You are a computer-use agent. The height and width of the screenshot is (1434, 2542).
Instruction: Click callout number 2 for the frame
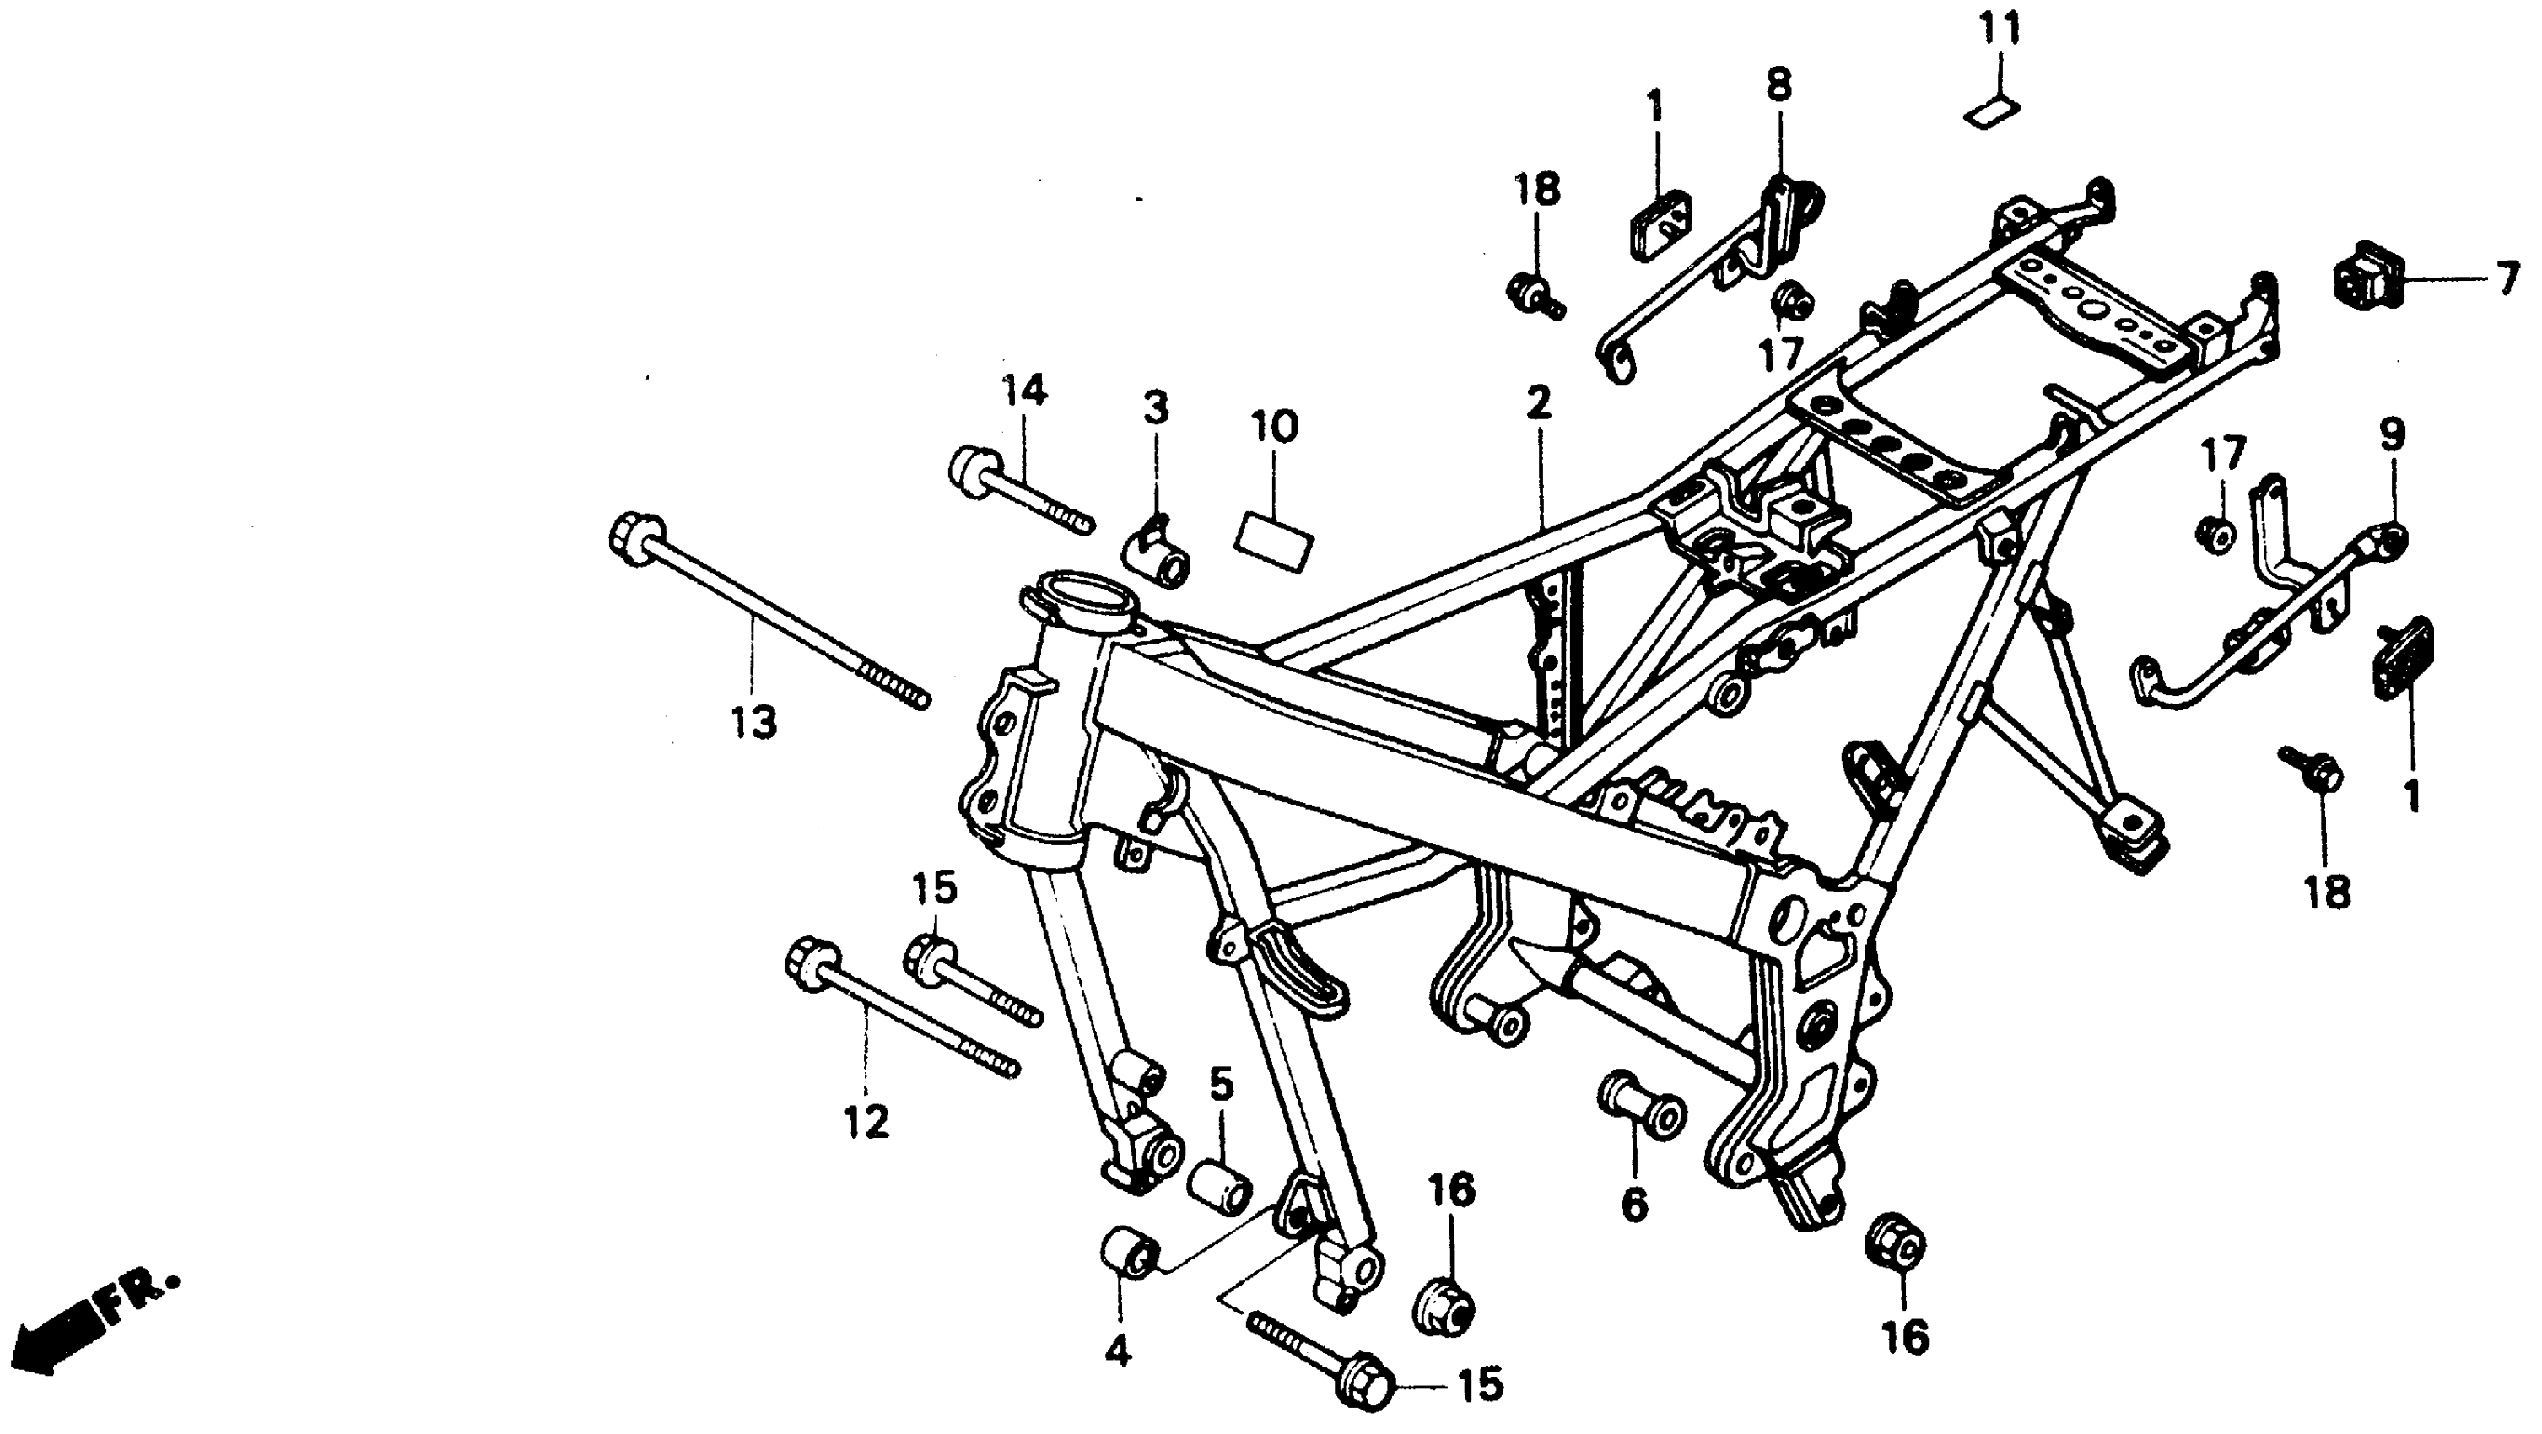coord(1537,402)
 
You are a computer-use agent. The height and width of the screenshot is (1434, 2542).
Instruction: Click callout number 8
coord(1778,85)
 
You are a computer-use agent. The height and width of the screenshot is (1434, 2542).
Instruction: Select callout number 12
coord(866,1122)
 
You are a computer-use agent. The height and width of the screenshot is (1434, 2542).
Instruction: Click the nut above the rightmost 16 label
coord(1895,1243)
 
